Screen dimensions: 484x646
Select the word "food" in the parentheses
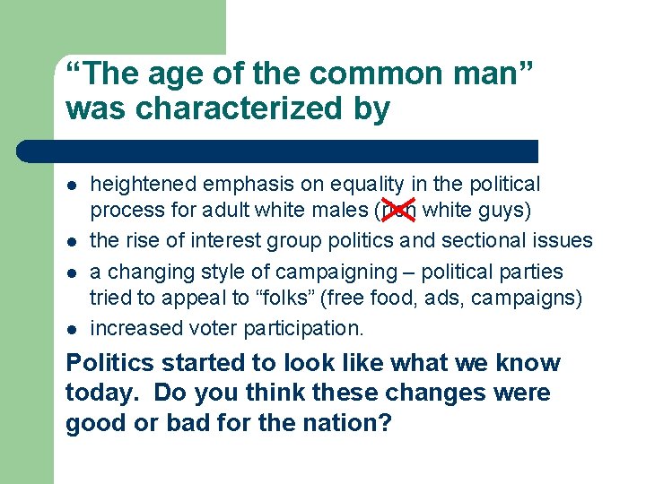click(x=410, y=298)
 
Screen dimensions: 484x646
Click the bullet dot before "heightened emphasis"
click(x=72, y=186)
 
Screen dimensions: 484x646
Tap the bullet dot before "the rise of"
click(x=72, y=241)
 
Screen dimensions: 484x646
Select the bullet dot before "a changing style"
click(x=72, y=272)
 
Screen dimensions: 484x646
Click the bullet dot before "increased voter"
click(x=72, y=328)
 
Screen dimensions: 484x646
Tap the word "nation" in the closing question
click(x=342, y=423)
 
